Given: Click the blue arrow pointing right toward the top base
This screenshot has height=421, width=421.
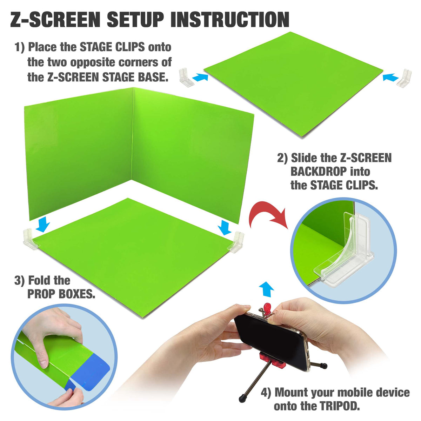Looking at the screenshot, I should pos(201,76).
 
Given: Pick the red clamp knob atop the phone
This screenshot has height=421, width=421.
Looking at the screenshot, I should pos(267,307).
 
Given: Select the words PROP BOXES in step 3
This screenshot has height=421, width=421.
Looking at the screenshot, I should pos(61,294).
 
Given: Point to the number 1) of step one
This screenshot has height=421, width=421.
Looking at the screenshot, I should pos(20,47).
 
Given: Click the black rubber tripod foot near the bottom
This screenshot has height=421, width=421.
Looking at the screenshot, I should pos(242,398).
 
